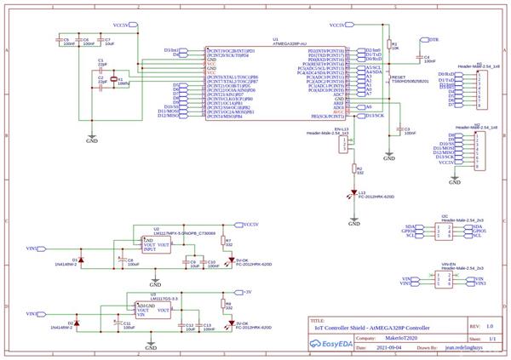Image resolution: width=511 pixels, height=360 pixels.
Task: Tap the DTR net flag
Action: tap(433, 40)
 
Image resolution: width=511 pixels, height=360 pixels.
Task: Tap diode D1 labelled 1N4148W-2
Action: tap(78, 259)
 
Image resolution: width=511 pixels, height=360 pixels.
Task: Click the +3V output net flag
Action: tap(247, 292)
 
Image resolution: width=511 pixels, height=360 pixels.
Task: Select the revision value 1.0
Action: tap(490, 325)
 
